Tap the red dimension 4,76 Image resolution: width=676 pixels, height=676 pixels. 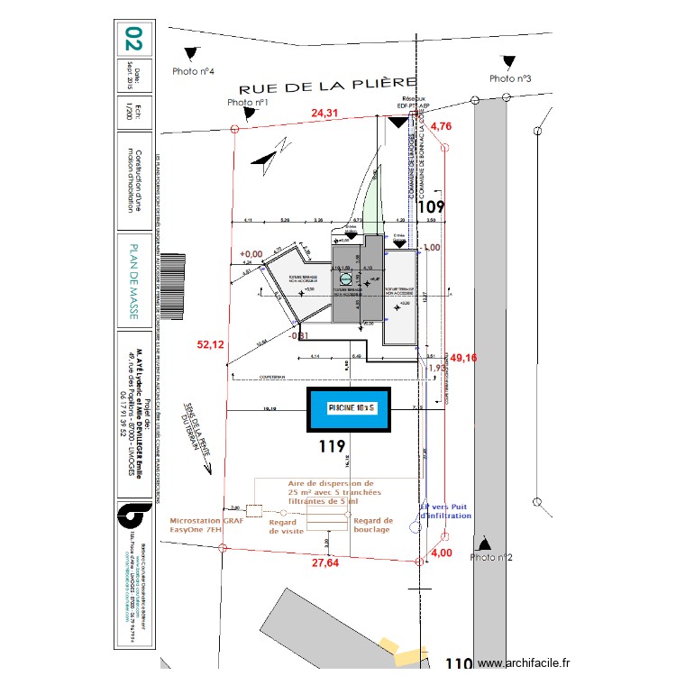pyautogui.click(x=441, y=126)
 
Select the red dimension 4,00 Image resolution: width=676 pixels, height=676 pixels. pyautogui.click(x=441, y=553)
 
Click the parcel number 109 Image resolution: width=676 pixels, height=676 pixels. pyautogui.click(x=433, y=206)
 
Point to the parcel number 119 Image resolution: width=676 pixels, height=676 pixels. pyautogui.click(x=333, y=446)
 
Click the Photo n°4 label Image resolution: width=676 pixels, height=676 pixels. pyautogui.click(x=192, y=70)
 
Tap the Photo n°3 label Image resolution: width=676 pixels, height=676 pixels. pyautogui.click(x=510, y=78)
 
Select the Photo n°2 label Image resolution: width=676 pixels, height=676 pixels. pyautogui.click(x=491, y=558)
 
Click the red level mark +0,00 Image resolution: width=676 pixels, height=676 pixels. pyautogui.click(x=251, y=254)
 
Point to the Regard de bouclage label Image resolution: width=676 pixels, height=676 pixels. pyautogui.click(x=372, y=525)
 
